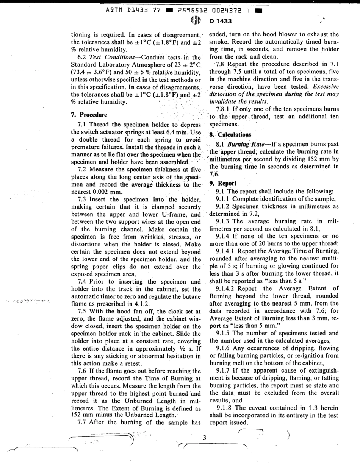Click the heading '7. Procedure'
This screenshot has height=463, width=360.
click(89, 115)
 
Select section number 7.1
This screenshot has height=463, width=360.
click(82, 123)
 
